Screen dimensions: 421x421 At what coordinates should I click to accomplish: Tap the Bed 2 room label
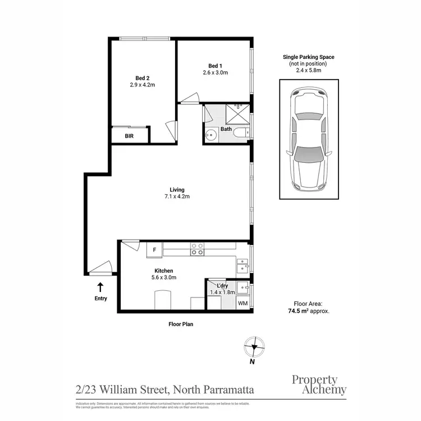click(x=143, y=78)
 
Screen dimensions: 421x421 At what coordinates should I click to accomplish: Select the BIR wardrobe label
click(x=129, y=136)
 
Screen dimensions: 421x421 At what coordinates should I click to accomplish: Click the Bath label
click(x=226, y=129)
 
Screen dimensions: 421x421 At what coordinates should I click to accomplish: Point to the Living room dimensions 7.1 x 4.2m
click(x=177, y=196)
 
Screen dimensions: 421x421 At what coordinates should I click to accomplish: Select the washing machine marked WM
click(x=242, y=303)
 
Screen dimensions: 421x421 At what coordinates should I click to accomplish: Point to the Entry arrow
click(x=100, y=287)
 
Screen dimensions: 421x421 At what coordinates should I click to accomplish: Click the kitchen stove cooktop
click(x=197, y=249)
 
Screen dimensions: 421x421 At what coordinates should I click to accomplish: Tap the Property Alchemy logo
click(x=319, y=385)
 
